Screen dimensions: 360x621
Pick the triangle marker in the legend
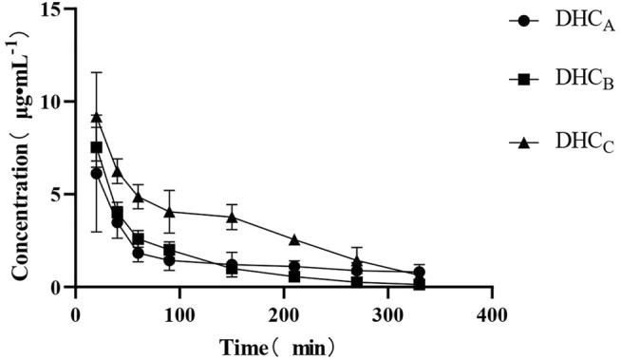click(x=521, y=142)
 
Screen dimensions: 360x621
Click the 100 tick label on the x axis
click(x=179, y=313)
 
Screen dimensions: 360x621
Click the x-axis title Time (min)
click(x=275, y=346)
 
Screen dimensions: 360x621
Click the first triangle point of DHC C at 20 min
click(x=96, y=117)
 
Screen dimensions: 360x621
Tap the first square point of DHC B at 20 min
click(x=96, y=147)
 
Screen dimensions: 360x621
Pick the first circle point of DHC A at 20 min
click(x=96, y=173)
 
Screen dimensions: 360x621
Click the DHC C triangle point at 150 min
click(x=232, y=217)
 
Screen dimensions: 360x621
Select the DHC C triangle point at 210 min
click(x=294, y=239)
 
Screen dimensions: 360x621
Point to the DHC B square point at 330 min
click(x=420, y=284)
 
